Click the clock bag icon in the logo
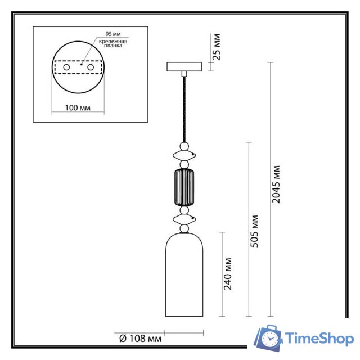[x=268, y=339]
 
